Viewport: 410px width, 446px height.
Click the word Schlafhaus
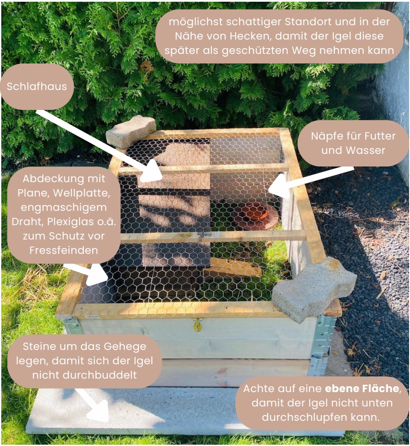click(37, 87)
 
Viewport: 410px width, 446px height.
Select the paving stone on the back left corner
click(131, 131)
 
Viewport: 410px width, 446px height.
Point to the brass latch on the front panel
click(197, 325)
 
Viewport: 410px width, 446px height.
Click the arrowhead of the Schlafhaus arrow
click(150, 172)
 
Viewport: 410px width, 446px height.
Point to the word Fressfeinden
click(64, 250)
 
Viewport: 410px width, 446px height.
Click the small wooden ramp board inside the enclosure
click(233, 268)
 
